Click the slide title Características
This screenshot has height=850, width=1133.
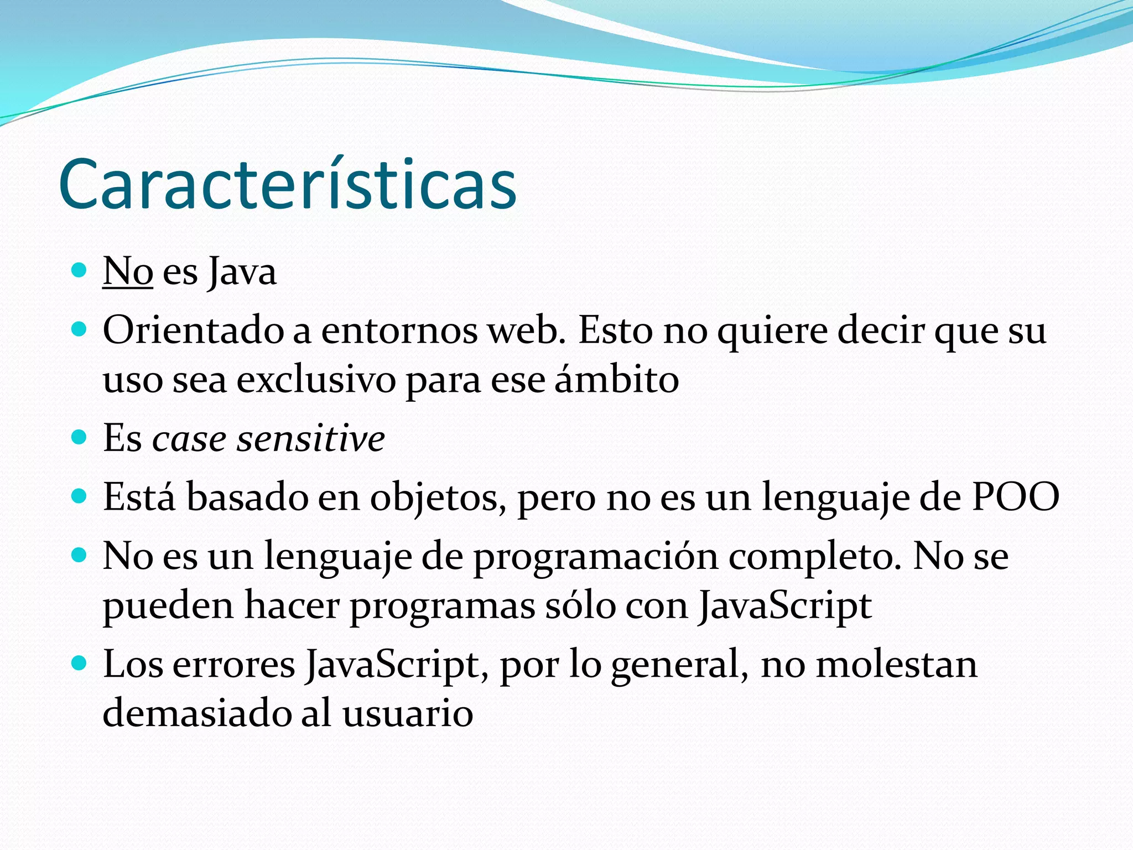(287, 185)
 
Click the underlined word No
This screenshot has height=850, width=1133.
(128, 272)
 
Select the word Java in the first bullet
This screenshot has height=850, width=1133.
(242, 273)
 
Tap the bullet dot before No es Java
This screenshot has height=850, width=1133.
(80, 271)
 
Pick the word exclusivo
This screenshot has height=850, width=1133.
(316, 380)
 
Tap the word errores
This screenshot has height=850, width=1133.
(233, 665)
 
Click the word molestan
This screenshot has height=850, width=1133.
(896, 664)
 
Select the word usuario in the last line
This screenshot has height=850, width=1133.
(408, 713)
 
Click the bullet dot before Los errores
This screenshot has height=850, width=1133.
(80, 662)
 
